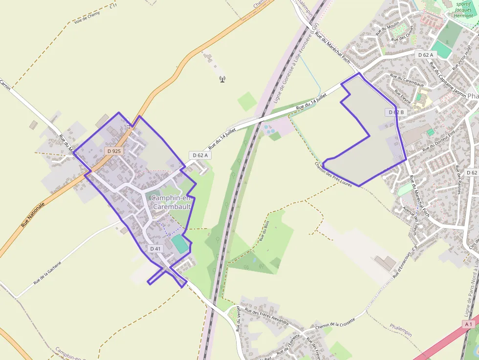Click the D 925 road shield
[113, 151]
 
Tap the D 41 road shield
[155, 249]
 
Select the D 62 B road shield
[396, 112]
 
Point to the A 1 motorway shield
[469, 324]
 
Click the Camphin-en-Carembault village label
[170, 202]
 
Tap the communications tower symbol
[222, 79]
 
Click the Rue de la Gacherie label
[47, 273]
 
